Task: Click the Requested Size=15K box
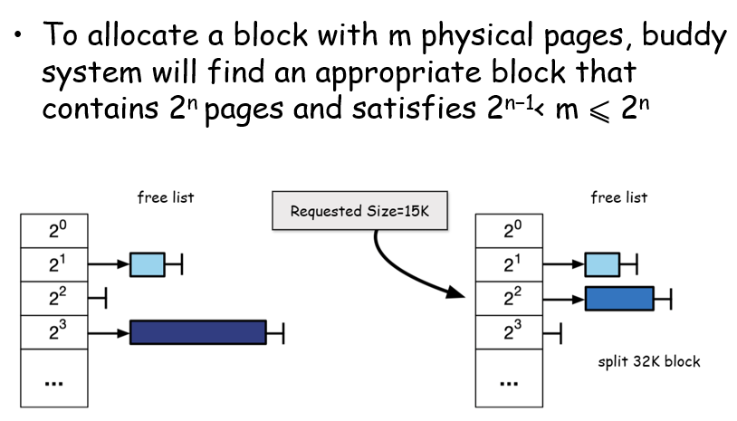point(359,211)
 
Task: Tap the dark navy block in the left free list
point(197,332)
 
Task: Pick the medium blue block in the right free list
point(619,298)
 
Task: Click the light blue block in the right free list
point(602,264)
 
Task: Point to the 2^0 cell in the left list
point(55,230)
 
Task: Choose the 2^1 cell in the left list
point(55,263)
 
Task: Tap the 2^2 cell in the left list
point(55,297)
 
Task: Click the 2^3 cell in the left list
point(55,331)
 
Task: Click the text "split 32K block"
point(648,362)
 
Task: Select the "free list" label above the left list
point(165,196)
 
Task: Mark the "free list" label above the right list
point(619,196)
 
